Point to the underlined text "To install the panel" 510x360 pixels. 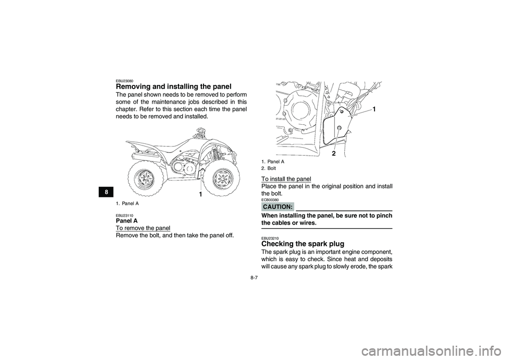tap(286, 179)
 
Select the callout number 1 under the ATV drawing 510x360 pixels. tap(200, 194)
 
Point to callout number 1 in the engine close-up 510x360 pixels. tap(374, 109)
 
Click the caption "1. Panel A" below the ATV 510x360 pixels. tap(128, 203)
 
